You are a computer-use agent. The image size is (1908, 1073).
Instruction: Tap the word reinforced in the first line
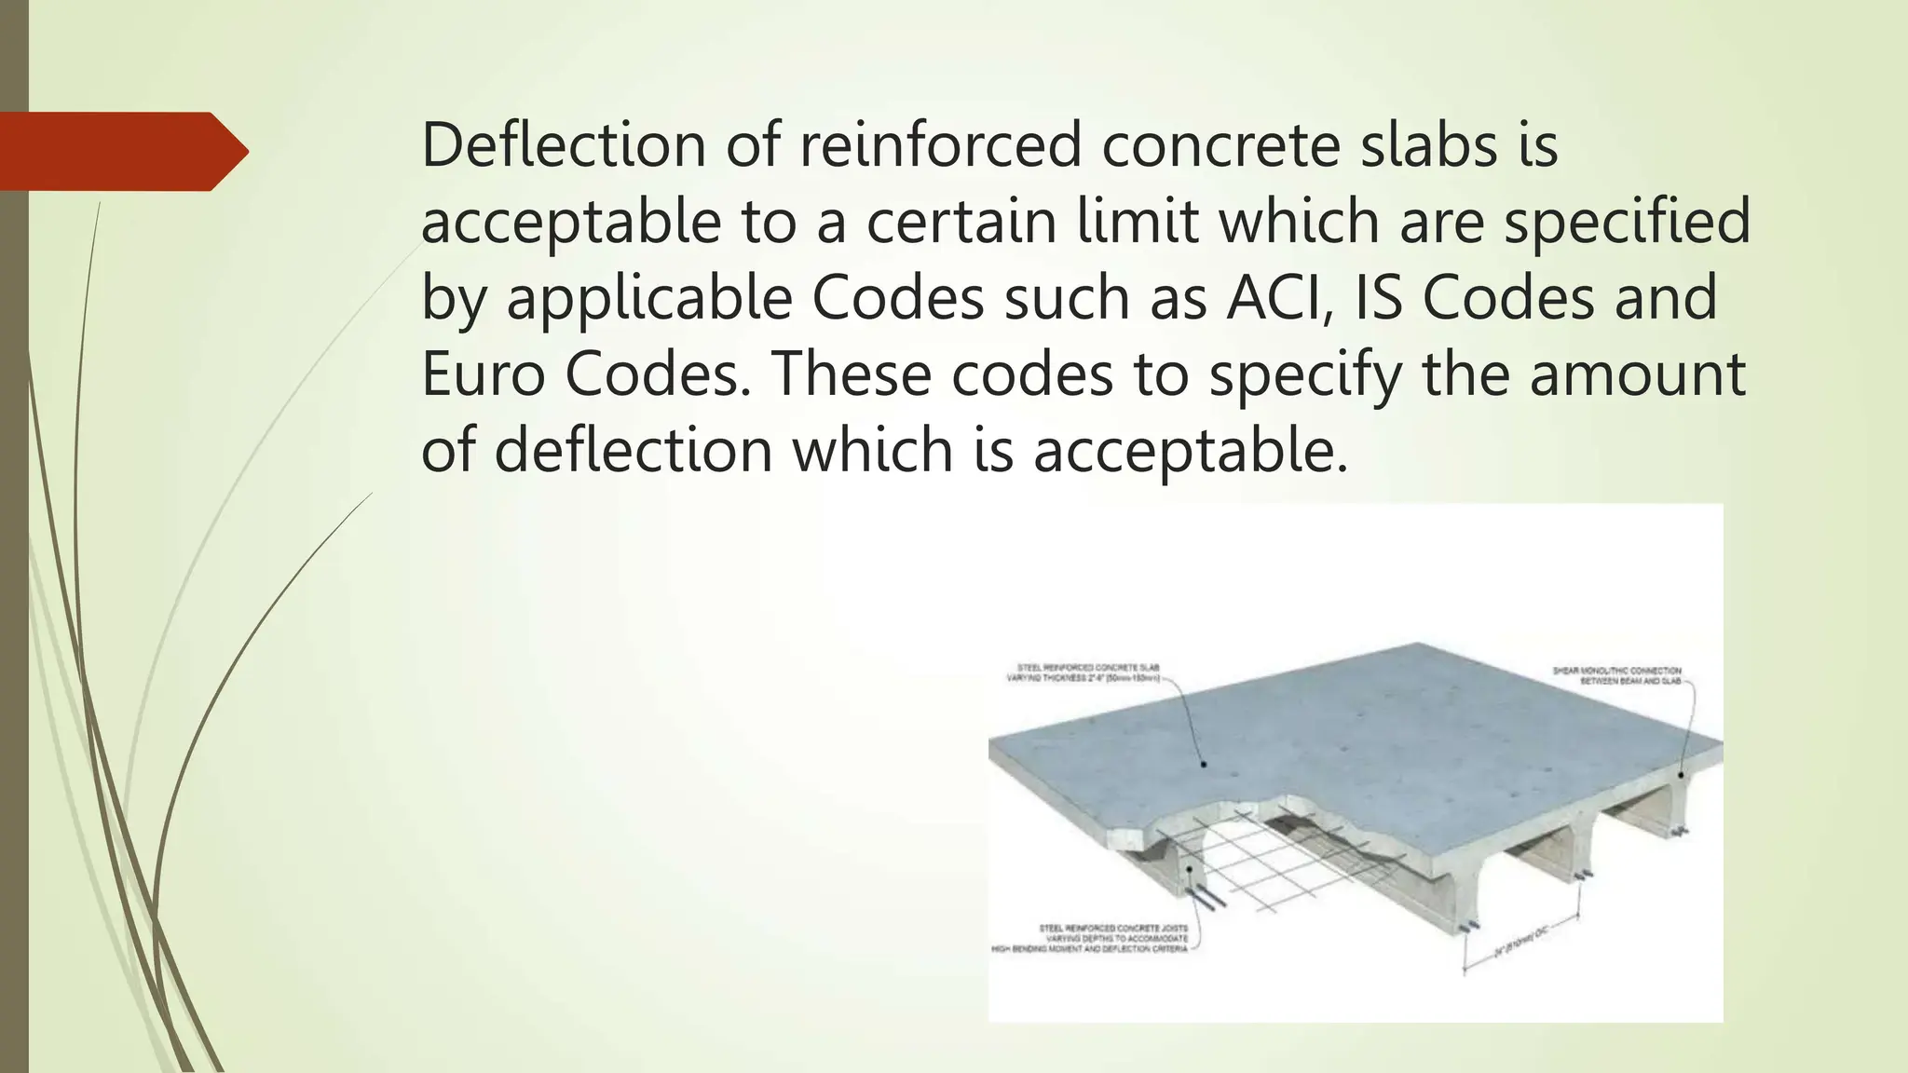click(940, 145)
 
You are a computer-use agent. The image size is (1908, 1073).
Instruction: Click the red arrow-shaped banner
click(121, 151)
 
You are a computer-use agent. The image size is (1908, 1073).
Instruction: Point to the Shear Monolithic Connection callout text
click(1616, 676)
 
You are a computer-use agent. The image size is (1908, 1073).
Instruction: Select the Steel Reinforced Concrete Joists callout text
click(1090, 939)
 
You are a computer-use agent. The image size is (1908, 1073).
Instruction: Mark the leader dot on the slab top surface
click(1204, 765)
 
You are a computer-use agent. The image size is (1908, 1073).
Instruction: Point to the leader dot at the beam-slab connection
click(1681, 774)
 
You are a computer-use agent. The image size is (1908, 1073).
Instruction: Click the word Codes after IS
click(1509, 298)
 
